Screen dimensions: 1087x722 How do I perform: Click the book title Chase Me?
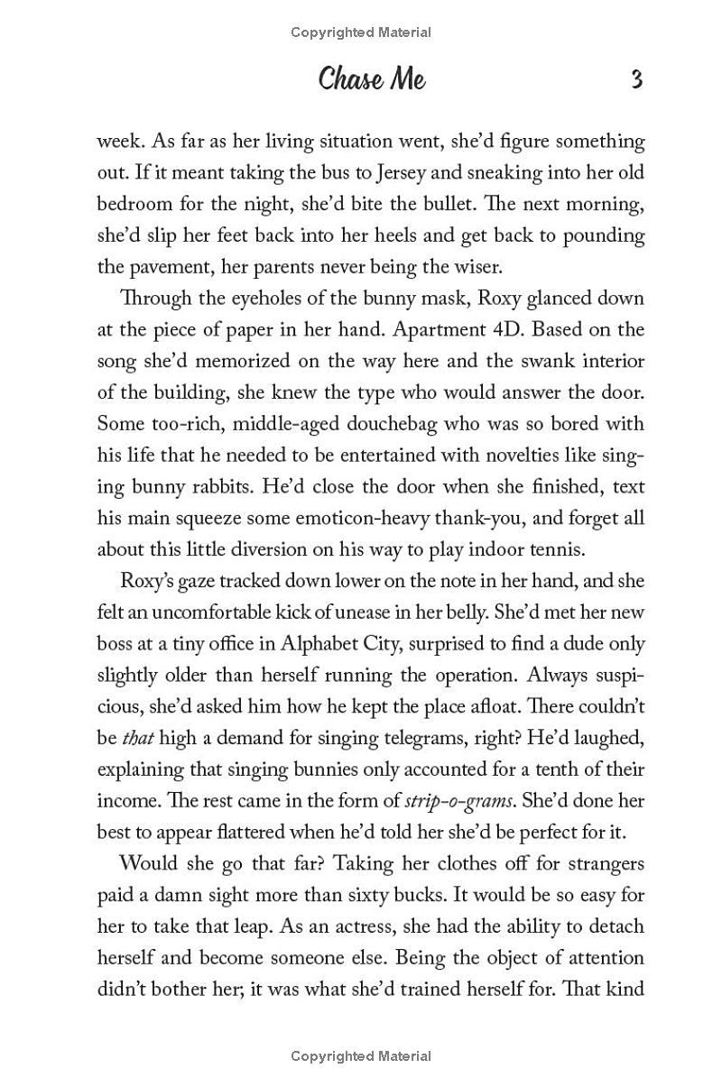[371, 80]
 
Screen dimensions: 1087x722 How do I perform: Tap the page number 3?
[636, 80]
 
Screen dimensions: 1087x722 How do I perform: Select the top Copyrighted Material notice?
[361, 32]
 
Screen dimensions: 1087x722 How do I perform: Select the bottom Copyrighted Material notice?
[361, 1055]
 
